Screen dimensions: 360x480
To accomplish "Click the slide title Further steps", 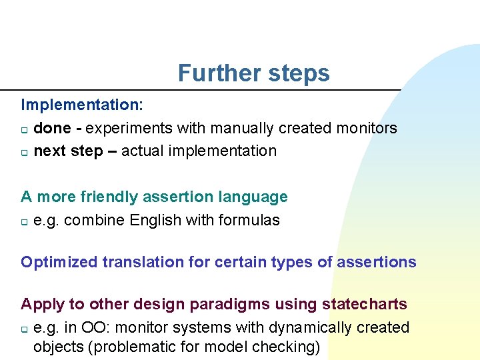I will pyautogui.click(x=253, y=73).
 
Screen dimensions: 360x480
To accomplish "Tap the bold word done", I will pyautogui.click(x=51, y=128).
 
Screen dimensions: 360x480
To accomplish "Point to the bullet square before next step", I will pyautogui.click(x=25, y=152).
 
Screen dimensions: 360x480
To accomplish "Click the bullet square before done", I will pyautogui.click(x=25, y=129).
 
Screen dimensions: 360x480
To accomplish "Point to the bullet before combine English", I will pyautogui.click(x=25, y=221).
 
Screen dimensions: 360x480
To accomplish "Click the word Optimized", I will pyautogui.click(x=59, y=262).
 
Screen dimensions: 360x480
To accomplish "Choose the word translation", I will pyautogui.click(x=143, y=262).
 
